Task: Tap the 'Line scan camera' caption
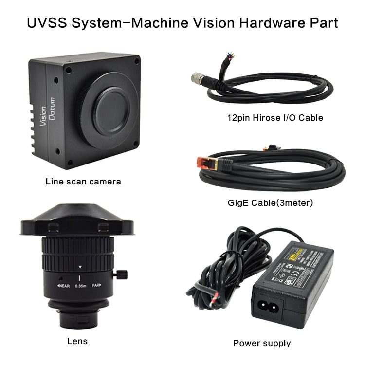[83, 182]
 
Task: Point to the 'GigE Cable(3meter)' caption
[271, 202]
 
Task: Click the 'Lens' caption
[77, 341]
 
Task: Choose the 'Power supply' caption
[261, 343]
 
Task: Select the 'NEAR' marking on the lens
[64, 286]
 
